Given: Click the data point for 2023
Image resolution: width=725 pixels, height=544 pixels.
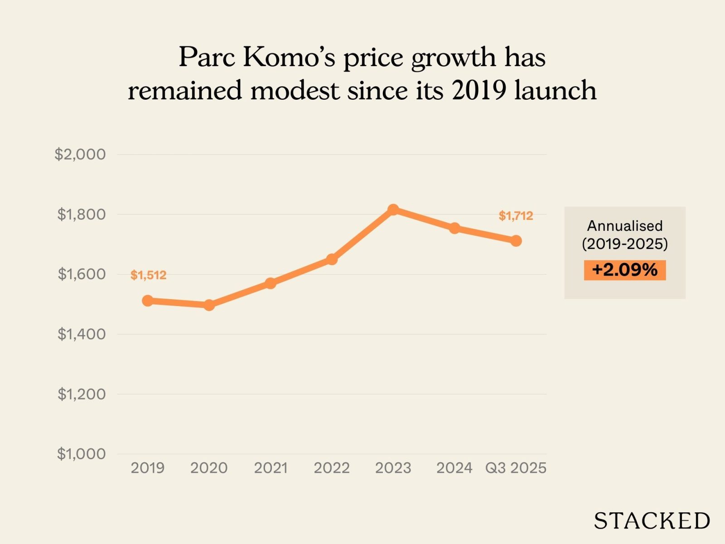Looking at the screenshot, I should (x=393, y=209).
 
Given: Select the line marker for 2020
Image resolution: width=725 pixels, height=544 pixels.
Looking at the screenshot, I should (x=209, y=305).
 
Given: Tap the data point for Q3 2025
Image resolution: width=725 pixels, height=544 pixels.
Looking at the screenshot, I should (x=516, y=241).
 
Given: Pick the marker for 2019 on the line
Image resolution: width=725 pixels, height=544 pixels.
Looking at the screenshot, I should (x=148, y=301).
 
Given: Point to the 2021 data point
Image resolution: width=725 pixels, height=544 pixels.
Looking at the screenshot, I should (x=271, y=283).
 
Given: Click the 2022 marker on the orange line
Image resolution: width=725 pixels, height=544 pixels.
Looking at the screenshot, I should (x=332, y=259).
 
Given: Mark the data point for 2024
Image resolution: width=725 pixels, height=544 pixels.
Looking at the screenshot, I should (x=454, y=228).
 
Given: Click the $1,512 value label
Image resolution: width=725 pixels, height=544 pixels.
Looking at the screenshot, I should (x=148, y=275).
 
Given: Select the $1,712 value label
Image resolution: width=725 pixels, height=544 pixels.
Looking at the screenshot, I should (x=516, y=216).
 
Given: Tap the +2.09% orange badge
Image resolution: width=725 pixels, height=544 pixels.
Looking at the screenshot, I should (x=624, y=270).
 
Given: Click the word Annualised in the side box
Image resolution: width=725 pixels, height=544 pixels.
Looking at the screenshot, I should (x=624, y=226).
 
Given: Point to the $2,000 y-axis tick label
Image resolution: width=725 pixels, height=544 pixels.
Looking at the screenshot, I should (x=80, y=154).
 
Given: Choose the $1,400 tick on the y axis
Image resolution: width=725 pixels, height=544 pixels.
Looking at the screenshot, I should (x=82, y=334).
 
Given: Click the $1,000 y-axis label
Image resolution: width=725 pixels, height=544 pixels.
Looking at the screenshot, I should (x=82, y=454).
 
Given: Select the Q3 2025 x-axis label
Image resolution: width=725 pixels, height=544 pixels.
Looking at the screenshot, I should (x=516, y=468).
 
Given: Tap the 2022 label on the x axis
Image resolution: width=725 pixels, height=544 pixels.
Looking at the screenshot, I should (x=332, y=468).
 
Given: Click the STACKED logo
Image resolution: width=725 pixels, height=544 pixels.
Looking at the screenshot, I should (x=652, y=520).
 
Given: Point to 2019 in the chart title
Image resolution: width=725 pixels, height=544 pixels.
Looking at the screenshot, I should (x=478, y=90).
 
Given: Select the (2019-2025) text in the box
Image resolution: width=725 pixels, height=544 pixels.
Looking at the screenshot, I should (x=624, y=244).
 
